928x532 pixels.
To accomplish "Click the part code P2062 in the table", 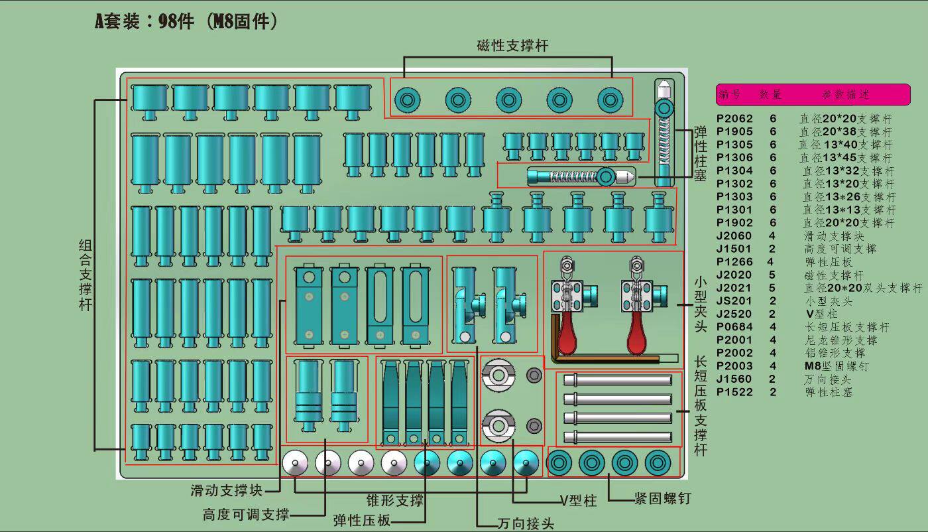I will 734,118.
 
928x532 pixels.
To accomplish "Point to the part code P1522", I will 734,392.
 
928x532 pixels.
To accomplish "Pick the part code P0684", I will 734,327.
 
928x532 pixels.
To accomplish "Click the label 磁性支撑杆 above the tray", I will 512,46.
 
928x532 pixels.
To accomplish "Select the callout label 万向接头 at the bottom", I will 526,523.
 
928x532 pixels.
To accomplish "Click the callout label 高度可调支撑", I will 246,515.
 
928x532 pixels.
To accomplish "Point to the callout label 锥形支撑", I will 395,501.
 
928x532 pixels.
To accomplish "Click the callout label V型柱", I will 579,501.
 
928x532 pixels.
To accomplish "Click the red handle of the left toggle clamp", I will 567,336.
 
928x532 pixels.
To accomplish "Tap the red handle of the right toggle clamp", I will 638,336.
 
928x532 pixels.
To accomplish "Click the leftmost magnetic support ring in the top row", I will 408,100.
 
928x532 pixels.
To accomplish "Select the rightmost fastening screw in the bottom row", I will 658,462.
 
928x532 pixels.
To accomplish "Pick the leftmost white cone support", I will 295,462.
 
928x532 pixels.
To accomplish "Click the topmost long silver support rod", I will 618,380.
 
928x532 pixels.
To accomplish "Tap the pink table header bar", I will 813,94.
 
